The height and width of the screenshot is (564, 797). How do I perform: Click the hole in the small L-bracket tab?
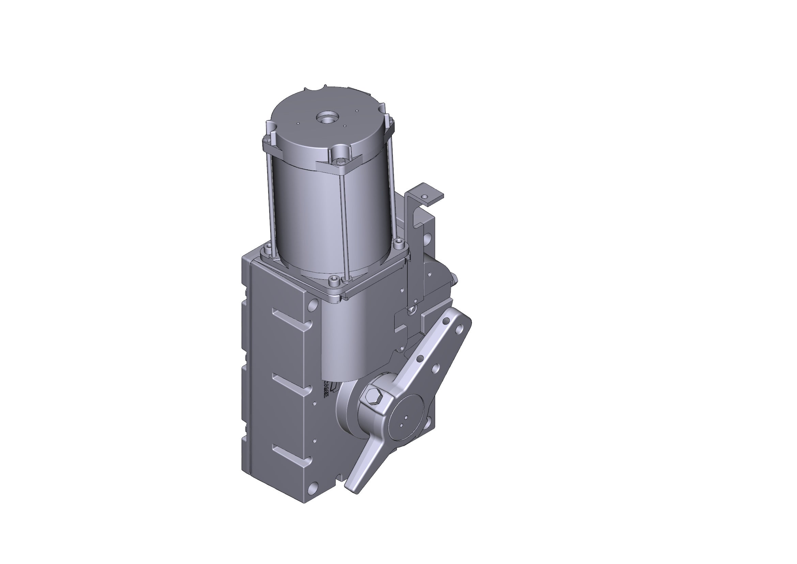[x=424, y=196]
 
